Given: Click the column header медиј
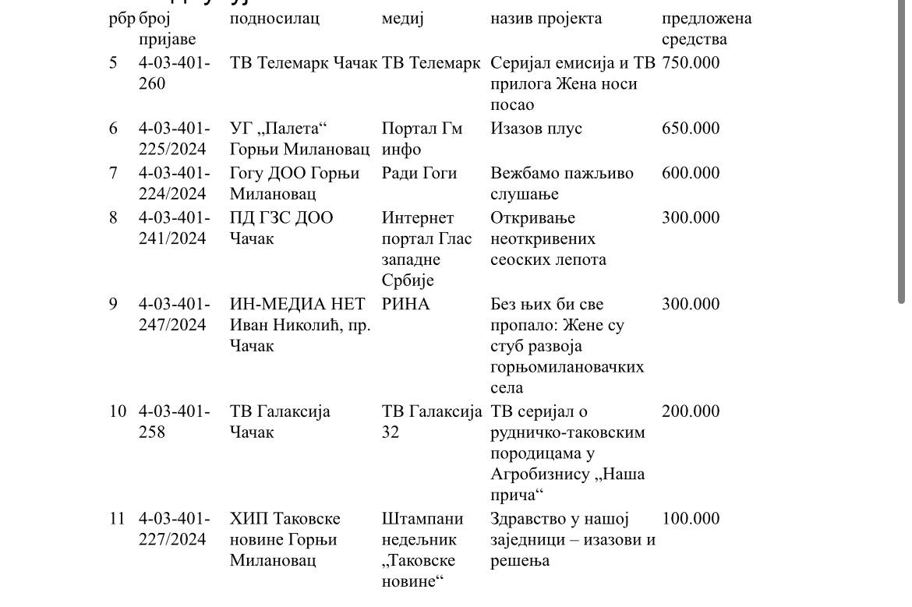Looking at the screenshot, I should click(x=402, y=19).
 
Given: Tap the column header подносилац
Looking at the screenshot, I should click(x=274, y=19).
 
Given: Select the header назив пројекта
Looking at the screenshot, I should click(x=546, y=19).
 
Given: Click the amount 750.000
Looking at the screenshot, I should click(x=691, y=63).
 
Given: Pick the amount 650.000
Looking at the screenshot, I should click(x=691, y=129).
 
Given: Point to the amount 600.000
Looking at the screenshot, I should click(x=691, y=173).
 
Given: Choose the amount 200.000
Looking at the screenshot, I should click(x=691, y=411).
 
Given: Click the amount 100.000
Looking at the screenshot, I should click(x=691, y=519).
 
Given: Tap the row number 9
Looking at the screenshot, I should click(x=114, y=305).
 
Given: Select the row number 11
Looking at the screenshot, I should click(x=117, y=519).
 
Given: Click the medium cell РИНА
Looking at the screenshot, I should click(x=405, y=305).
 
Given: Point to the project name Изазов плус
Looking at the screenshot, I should click(x=536, y=129).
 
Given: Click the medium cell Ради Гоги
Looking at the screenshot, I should click(x=419, y=173).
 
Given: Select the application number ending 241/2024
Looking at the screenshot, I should click(x=173, y=228).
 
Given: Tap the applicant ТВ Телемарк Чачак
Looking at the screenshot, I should click(x=303, y=63).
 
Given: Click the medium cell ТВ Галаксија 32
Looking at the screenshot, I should click(x=431, y=422).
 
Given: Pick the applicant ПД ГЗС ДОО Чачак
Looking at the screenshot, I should click(x=281, y=228).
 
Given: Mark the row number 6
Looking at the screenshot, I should click(x=114, y=129).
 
